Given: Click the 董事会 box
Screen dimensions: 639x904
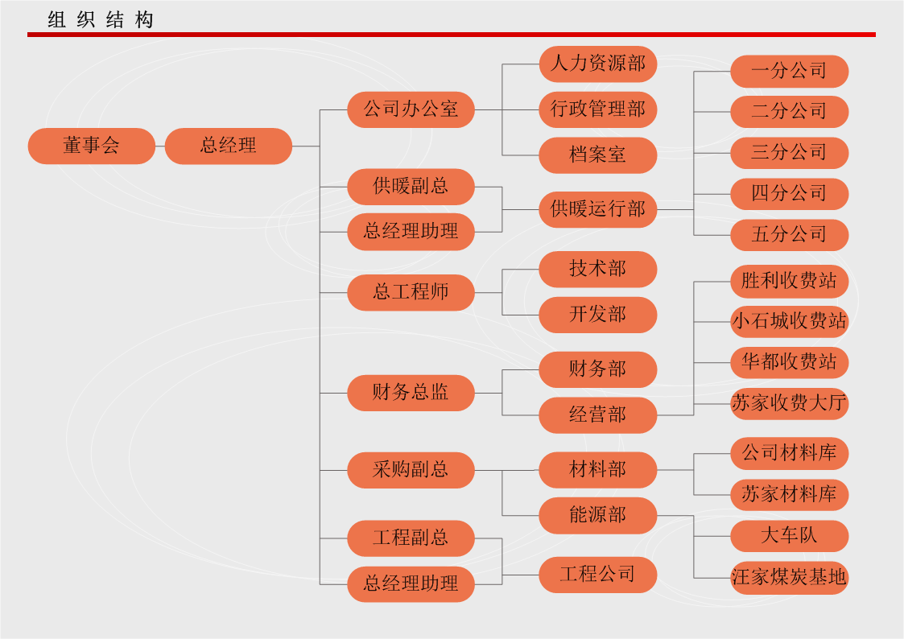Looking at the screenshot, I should [91, 146].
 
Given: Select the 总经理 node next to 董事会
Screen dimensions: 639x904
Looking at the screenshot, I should [229, 146].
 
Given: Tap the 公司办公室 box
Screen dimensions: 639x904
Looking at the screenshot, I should [411, 109].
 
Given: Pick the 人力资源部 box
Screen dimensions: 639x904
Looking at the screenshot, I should [598, 64].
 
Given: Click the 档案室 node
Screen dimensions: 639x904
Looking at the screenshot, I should [598, 155].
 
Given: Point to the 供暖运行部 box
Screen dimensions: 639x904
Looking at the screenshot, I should [598, 209].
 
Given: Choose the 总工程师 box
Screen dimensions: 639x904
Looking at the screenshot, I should [411, 292].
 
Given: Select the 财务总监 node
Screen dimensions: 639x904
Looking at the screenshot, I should [411, 393].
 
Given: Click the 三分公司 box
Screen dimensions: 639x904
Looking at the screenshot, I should [789, 152].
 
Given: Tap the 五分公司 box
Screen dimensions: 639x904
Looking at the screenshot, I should [789, 235].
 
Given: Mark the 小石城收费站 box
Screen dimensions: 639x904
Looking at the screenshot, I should [789, 321].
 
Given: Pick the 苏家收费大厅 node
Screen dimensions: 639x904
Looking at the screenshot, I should [789, 403].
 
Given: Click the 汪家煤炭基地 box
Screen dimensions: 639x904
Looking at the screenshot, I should [789, 577].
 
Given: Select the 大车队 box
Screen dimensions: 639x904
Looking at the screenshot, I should [789, 535].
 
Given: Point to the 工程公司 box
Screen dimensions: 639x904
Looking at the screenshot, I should [598, 575].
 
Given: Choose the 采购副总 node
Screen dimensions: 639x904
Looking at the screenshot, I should [411, 470].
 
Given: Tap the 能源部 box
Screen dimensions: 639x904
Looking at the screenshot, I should [598, 516].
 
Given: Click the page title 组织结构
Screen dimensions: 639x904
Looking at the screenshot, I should [100, 20].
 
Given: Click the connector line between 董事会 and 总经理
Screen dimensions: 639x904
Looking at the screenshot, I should [160, 146].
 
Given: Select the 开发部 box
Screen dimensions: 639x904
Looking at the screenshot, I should [598, 315].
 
